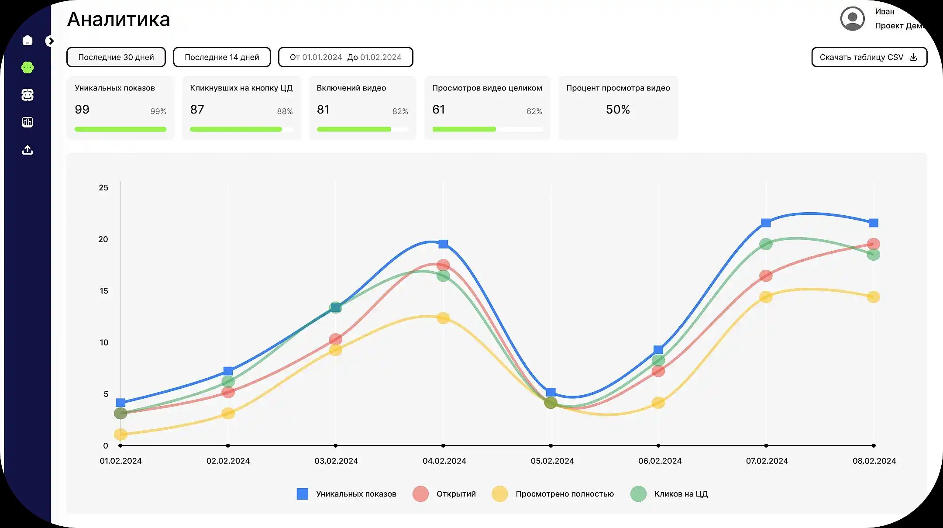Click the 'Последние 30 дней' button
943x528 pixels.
point(116,57)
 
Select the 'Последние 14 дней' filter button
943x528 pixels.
point(222,57)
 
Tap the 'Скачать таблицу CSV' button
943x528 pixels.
point(869,57)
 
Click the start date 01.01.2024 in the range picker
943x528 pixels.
point(322,57)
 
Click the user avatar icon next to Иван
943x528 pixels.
point(852,19)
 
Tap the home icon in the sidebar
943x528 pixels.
point(28,41)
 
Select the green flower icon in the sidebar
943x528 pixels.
point(28,68)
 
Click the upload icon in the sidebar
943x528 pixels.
point(28,150)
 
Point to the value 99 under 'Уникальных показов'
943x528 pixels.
point(82,110)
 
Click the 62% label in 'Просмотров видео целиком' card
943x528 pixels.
point(534,111)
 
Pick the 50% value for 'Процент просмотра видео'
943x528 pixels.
point(618,110)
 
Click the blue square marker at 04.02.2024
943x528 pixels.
point(443,244)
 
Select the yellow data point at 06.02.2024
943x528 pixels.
point(658,403)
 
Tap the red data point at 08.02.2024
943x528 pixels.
point(874,244)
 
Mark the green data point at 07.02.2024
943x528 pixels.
point(766,244)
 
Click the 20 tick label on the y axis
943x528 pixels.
point(103,239)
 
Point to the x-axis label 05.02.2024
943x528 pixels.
point(552,461)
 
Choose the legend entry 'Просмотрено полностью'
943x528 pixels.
point(564,494)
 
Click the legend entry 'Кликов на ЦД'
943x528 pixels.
point(681,494)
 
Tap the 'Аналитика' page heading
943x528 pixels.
point(119,20)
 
